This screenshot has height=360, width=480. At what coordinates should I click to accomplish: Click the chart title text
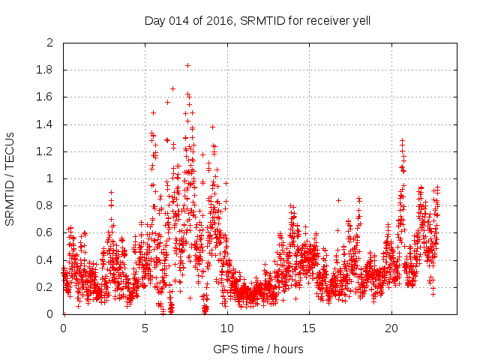pos(257,20)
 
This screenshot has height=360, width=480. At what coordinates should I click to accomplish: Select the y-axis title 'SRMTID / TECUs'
pos(10,178)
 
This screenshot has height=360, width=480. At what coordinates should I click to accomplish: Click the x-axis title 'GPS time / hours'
pos(257,349)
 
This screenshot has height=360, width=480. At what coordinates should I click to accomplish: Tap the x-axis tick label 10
pos(227,328)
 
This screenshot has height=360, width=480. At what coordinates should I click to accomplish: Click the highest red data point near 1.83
pos(187,65)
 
